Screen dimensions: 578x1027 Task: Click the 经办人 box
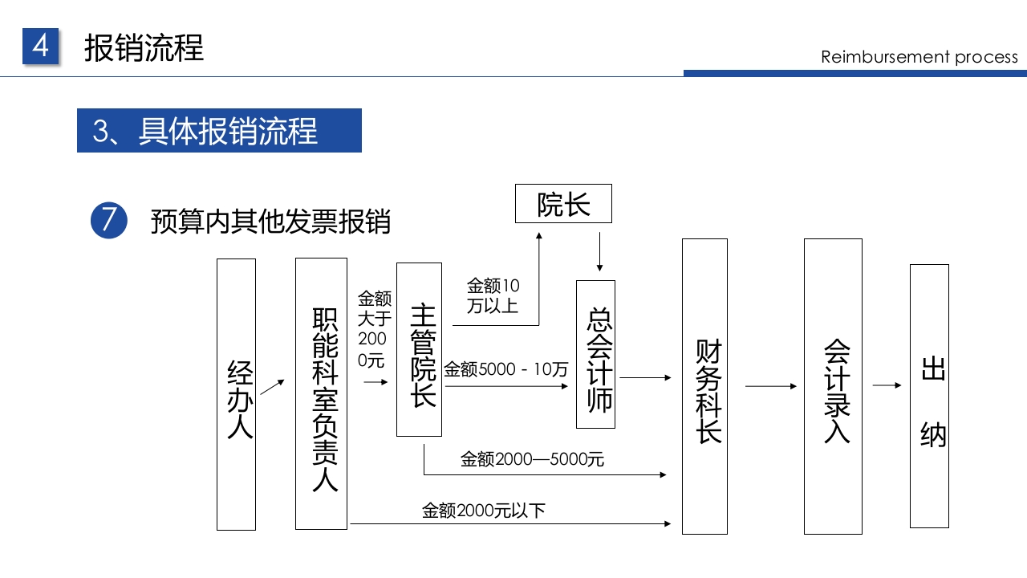(x=236, y=394)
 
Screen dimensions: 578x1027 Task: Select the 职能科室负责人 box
(x=321, y=393)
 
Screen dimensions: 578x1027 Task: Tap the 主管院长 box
(x=419, y=349)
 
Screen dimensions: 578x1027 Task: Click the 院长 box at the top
(x=563, y=204)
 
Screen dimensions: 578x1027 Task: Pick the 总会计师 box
(x=595, y=354)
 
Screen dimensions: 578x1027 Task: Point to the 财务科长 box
(x=704, y=386)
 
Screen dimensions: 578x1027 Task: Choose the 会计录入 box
(x=833, y=386)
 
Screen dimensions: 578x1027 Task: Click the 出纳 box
(x=929, y=396)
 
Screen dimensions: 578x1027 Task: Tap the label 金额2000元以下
(x=484, y=511)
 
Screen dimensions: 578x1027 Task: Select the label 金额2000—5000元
(x=532, y=460)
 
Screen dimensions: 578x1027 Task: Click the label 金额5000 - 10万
(x=506, y=370)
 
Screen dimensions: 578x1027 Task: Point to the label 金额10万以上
(x=493, y=295)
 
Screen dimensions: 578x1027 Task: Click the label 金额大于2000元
(x=374, y=329)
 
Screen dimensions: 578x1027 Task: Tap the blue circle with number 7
(x=109, y=220)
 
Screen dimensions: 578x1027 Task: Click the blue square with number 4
(x=41, y=47)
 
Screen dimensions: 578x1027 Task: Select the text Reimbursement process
(x=919, y=57)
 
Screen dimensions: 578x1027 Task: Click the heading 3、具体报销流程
(x=219, y=131)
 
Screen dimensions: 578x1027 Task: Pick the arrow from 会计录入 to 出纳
(x=887, y=386)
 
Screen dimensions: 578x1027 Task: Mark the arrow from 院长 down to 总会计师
(x=599, y=252)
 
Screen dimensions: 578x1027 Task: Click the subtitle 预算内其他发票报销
(x=270, y=222)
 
